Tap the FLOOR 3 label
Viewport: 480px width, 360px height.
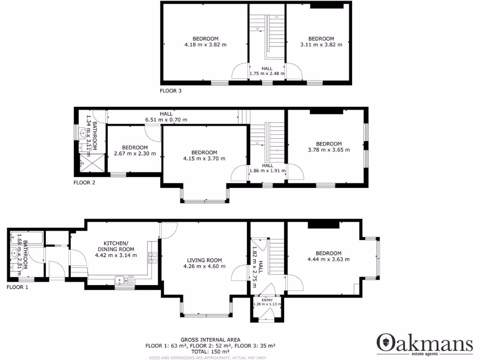[171, 91]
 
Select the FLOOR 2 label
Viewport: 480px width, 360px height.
[84, 183]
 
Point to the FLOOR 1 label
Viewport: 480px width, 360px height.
[17, 287]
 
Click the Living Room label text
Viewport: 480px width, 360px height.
[204, 260]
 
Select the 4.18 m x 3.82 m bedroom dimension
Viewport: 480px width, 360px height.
[205, 45]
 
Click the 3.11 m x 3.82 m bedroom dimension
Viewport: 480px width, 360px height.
[321, 45]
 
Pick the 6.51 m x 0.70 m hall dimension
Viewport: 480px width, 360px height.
[166, 120]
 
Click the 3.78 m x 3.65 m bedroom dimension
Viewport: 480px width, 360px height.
[329, 150]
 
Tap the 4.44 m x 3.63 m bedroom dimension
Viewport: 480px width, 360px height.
[328, 259]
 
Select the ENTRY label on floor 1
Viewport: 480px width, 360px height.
[267, 300]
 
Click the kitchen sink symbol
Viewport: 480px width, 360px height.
[123, 281]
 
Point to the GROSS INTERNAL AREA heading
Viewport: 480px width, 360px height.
[210, 340]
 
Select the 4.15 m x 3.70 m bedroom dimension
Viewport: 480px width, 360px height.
[204, 158]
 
